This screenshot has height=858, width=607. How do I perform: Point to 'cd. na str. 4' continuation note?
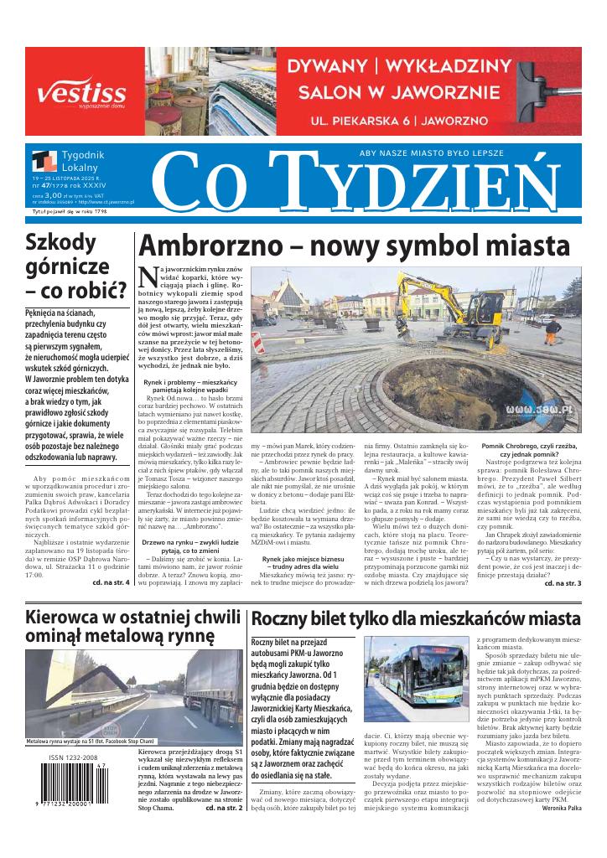[x=110, y=581]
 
